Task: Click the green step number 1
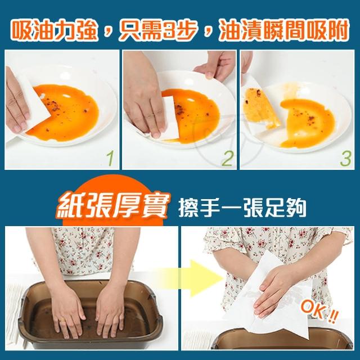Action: click(x=111, y=159)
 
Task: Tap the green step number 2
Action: click(x=227, y=159)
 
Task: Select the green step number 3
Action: click(x=345, y=159)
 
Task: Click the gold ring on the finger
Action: click(x=62, y=321)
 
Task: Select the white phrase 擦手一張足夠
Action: click(x=242, y=209)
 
